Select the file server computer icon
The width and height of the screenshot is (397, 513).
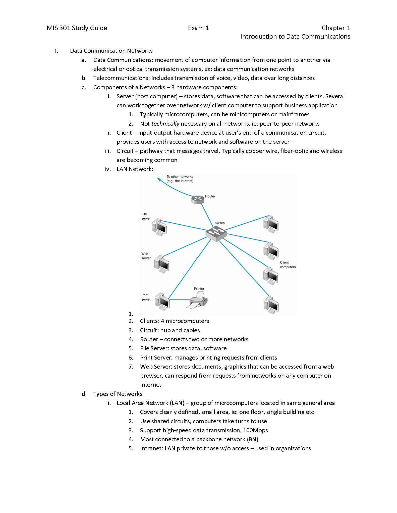click(x=159, y=227)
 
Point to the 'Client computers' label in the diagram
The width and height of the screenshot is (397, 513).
click(x=288, y=265)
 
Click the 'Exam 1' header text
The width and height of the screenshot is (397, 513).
click(x=198, y=28)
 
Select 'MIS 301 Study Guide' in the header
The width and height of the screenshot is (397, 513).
click(x=77, y=28)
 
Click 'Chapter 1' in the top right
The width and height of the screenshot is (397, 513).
click(x=336, y=28)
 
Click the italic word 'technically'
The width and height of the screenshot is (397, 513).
click(x=165, y=124)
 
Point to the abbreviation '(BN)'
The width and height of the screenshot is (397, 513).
click(x=252, y=439)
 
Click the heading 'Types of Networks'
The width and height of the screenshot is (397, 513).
click(x=118, y=394)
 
